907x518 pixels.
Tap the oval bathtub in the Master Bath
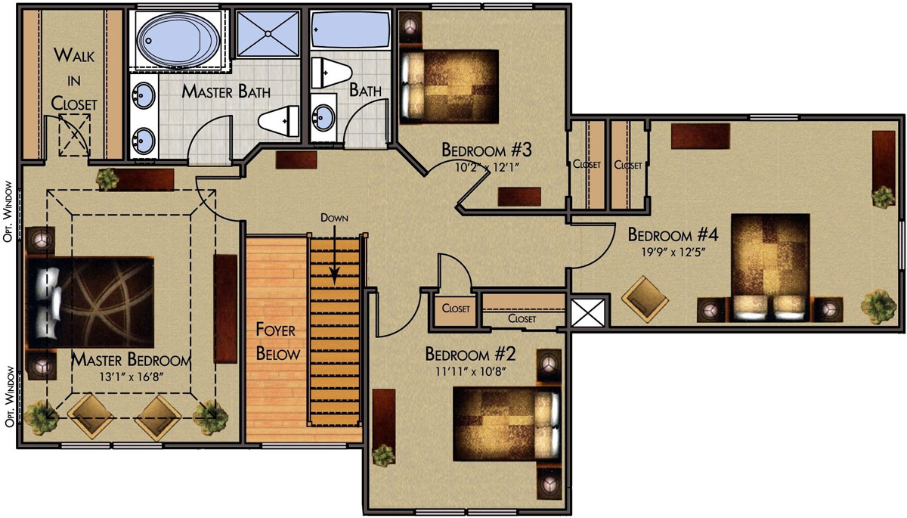click(178, 39)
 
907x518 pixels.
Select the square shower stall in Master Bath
click(268, 33)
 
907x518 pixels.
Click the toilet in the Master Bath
click(279, 121)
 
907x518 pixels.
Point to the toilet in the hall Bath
click(331, 73)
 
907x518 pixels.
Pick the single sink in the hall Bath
click(323, 117)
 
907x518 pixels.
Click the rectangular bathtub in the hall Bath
click(350, 29)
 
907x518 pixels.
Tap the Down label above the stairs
click(334, 218)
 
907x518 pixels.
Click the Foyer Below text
click(278, 342)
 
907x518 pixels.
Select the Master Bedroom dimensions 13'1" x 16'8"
click(132, 377)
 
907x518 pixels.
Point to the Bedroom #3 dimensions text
click(487, 167)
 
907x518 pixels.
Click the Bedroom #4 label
click(673, 235)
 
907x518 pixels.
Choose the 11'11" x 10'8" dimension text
click(471, 371)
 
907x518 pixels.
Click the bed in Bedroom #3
click(449, 86)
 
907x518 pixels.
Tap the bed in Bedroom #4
click(770, 268)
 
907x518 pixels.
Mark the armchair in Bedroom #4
click(645, 299)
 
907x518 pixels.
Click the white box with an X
click(587, 312)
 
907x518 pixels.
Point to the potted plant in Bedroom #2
click(383, 455)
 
